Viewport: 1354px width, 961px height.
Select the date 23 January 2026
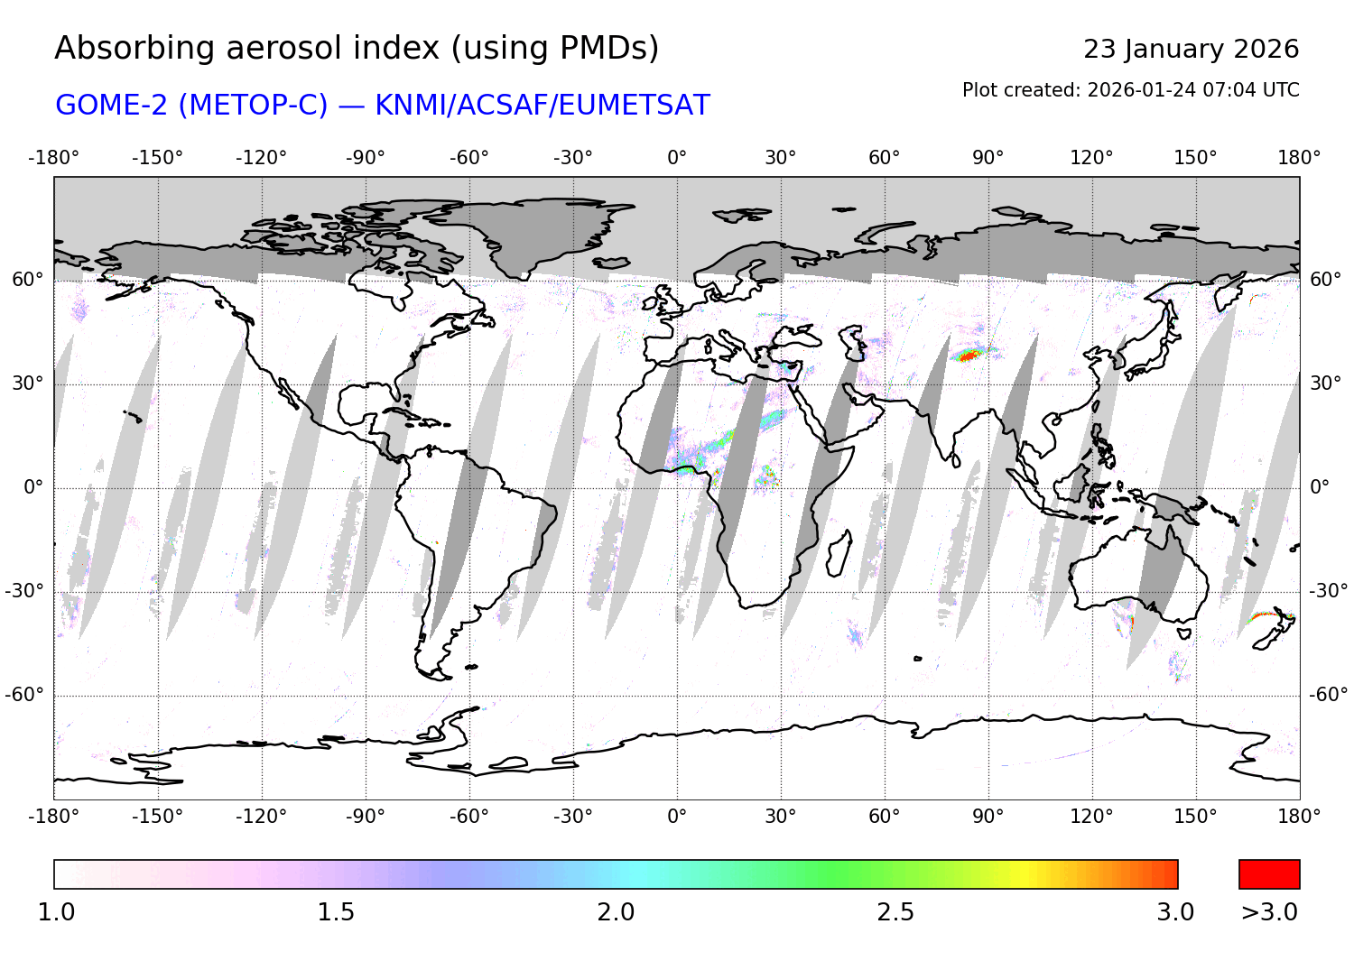tap(1191, 50)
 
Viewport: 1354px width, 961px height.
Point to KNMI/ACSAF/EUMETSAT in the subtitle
tap(543, 106)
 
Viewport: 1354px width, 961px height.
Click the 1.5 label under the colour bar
tap(335, 912)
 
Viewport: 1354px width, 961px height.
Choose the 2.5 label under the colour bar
tap(895, 912)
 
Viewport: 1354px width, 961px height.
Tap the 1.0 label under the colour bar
tap(56, 912)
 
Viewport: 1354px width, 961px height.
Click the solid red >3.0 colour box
tap(1269, 874)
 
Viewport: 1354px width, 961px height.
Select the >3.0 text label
tap(1269, 912)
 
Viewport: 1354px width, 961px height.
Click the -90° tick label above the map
tap(365, 158)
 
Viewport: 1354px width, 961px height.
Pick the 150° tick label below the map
tap(1195, 817)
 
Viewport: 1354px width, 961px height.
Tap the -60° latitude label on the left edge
tap(25, 695)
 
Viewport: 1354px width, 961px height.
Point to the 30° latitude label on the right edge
tap(1325, 383)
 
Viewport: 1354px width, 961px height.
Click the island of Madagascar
tap(839, 552)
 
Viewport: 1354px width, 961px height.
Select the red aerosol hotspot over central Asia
tap(968, 356)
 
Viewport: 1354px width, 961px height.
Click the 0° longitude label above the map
tap(677, 158)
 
